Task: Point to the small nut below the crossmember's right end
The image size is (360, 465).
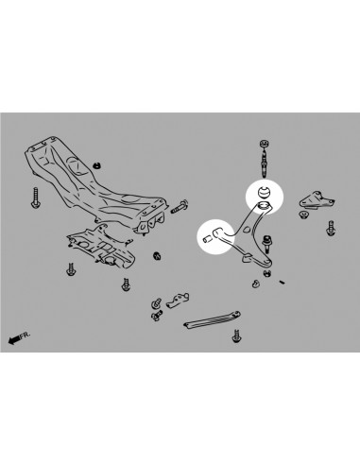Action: pyautogui.click(x=157, y=255)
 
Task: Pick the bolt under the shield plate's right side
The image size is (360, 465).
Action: pyautogui.click(x=124, y=283)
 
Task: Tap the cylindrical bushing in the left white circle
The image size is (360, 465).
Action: pyautogui.click(x=209, y=237)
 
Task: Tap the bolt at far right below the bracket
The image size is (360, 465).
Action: pyautogui.click(x=330, y=228)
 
